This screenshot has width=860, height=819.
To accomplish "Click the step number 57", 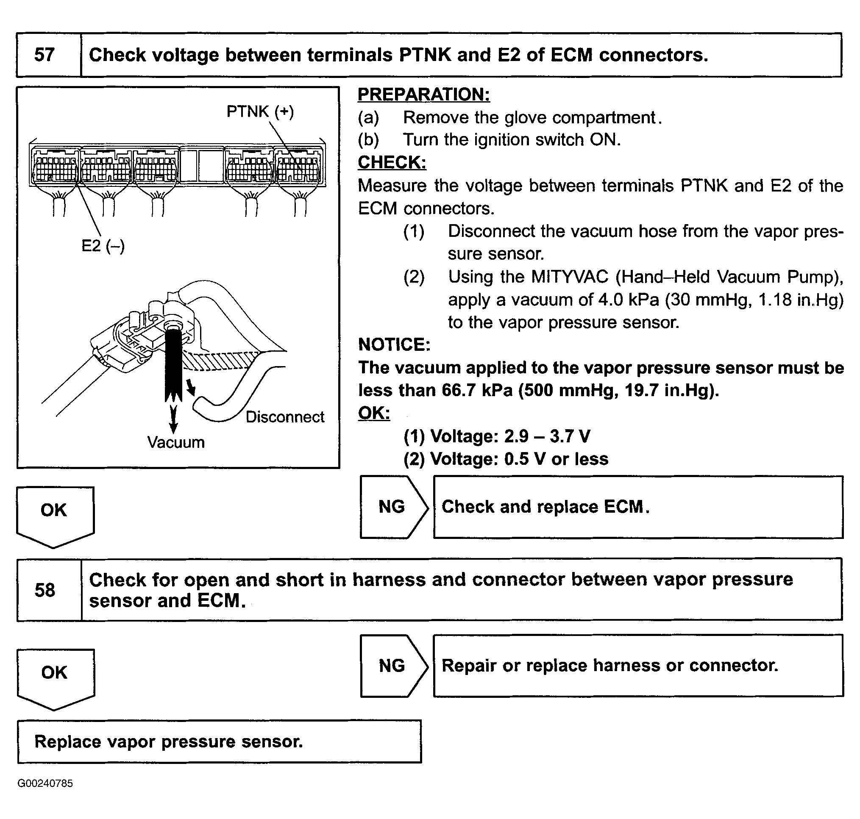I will pos(45,56).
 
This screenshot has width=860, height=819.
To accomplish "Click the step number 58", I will pos(45,590).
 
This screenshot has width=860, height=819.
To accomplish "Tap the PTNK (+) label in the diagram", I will pos(260,112).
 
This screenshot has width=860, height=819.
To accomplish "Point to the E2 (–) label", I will pos(103,246).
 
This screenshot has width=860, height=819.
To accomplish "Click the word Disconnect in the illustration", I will pos(285,417).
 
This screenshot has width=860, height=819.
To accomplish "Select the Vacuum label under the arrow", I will pos(175,442).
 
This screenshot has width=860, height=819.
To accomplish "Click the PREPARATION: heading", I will pos(423,94).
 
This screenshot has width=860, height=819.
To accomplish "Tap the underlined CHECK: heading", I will pos(392,162).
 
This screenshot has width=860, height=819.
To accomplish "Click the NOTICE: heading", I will pos(394,345).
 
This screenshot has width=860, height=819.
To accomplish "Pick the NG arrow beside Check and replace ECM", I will pos(392,507).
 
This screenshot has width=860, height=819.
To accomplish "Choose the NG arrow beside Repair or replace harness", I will pos(392,666).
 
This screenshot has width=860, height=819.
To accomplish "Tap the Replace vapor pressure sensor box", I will pos(219,742).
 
